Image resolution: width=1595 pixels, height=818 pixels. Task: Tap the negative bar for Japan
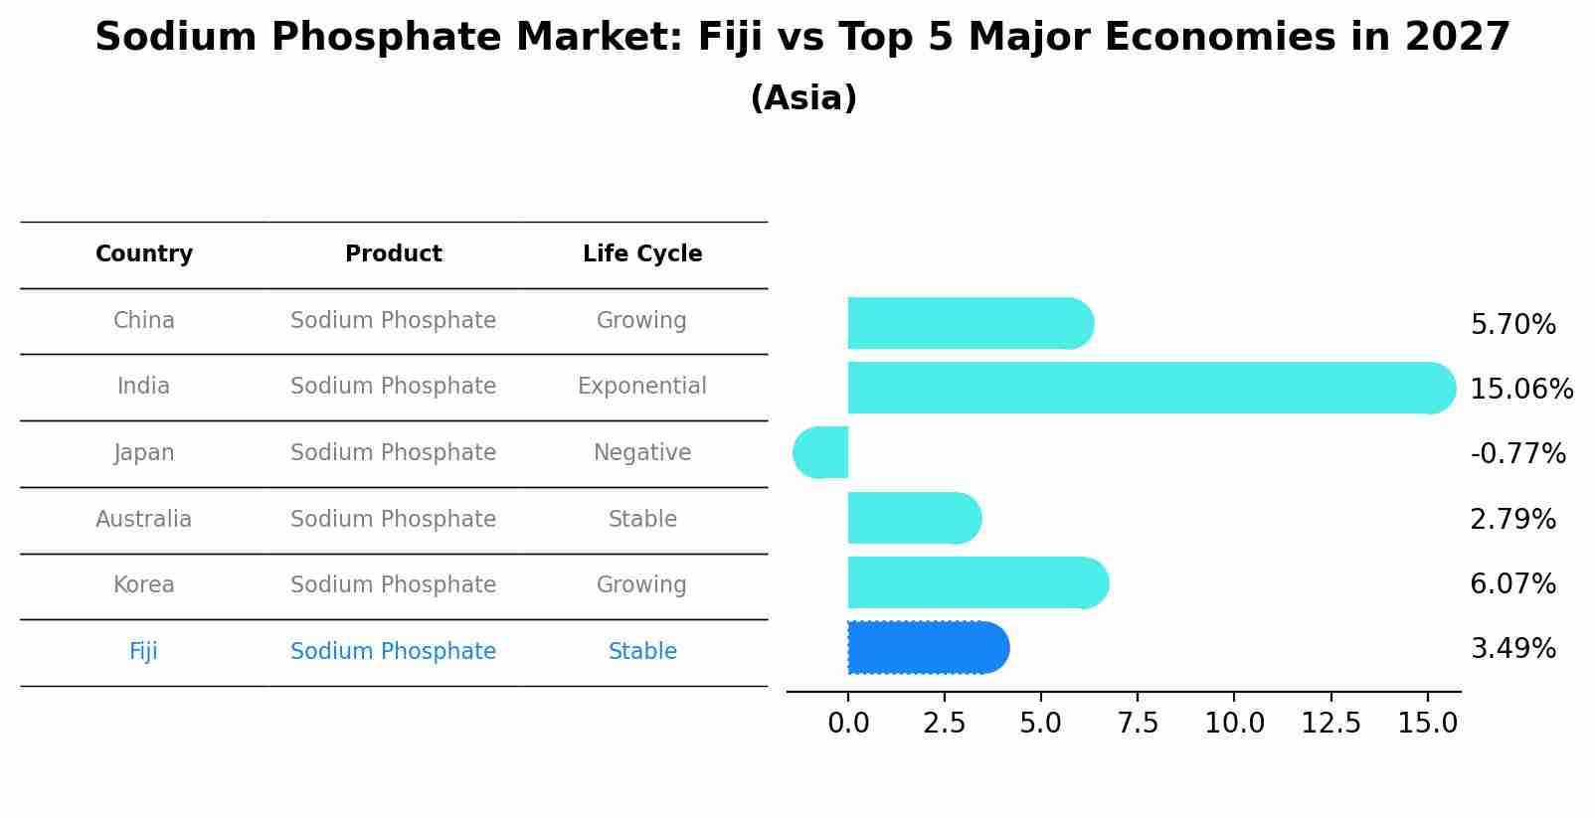(822, 452)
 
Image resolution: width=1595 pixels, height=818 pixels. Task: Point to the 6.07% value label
(1511, 583)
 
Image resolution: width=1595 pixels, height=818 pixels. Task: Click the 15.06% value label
(1520, 389)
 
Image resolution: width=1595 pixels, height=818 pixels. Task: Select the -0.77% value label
(1517, 454)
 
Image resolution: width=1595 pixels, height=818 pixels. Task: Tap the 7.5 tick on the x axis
(1137, 723)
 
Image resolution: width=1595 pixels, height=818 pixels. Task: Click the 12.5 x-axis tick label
(1330, 723)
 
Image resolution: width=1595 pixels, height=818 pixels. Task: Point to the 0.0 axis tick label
(848, 723)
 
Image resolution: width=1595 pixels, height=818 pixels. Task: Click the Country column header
(144, 254)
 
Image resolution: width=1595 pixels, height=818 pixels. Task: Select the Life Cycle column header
(642, 254)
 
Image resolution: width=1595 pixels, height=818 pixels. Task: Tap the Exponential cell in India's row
(642, 386)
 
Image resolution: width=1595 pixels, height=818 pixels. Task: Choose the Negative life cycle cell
(642, 452)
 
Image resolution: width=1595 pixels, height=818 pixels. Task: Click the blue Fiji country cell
(143, 651)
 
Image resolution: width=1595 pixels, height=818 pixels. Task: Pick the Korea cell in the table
(144, 584)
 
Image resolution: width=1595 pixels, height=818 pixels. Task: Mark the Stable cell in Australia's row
(642, 519)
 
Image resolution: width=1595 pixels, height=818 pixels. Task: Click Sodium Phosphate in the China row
(393, 320)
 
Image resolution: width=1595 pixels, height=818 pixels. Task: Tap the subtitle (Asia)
(803, 98)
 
